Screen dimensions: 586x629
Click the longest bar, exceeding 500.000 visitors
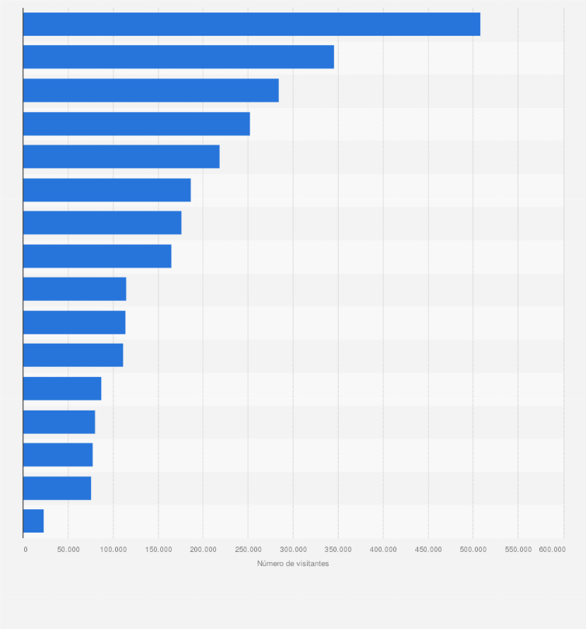point(252,24)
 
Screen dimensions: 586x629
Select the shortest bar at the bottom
point(33,521)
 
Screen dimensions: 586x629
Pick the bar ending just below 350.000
point(179,57)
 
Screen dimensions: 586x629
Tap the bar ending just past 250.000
point(136,124)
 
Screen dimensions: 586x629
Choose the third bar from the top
point(151,90)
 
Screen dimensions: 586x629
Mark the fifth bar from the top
point(121,156)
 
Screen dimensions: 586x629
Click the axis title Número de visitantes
point(293,564)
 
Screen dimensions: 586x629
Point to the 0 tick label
point(26,550)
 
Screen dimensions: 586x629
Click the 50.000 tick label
point(68,550)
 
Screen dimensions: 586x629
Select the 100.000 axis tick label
point(113,550)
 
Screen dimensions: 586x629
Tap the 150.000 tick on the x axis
point(158,550)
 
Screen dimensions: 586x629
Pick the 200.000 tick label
point(203,550)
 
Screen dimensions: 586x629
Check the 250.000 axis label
point(248,550)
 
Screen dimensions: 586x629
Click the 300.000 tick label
point(293,550)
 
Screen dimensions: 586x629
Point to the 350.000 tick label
point(338,550)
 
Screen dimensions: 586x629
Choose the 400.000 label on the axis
point(383,550)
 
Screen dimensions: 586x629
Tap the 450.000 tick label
point(428,550)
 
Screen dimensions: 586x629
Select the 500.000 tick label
point(473,550)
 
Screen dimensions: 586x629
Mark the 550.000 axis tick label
point(518,550)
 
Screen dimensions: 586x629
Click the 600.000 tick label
point(553,550)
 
